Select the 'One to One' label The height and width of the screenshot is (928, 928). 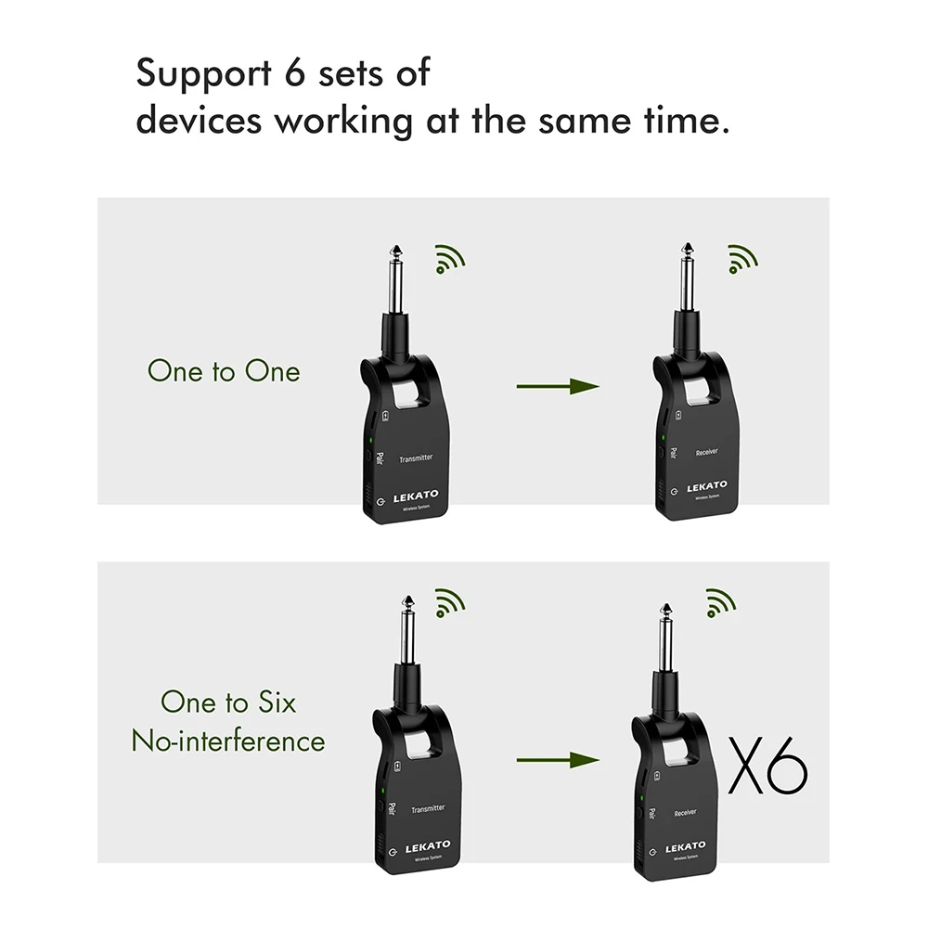pyautogui.click(x=224, y=371)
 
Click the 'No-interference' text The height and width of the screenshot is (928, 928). pyautogui.click(x=228, y=741)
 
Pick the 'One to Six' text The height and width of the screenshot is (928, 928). pyautogui.click(x=228, y=702)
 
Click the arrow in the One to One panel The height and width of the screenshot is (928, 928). pyautogui.click(x=558, y=386)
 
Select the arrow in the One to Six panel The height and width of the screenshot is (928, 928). pyautogui.click(x=558, y=760)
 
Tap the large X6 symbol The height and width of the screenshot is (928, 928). pyautogui.click(x=767, y=767)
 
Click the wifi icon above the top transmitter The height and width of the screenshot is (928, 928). pyautogui.click(x=450, y=259)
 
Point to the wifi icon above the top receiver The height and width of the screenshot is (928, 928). pyautogui.click(x=741, y=259)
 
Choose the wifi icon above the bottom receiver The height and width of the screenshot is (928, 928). pyautogui.click(x=720, y=602)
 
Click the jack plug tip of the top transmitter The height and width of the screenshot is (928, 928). pyautogui.click(x=396, y=251)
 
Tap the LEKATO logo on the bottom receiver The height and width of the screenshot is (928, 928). pyautogui.click(x=685, y=846)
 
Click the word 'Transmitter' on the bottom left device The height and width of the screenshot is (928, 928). pyautogui.click(x=428, y=808)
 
